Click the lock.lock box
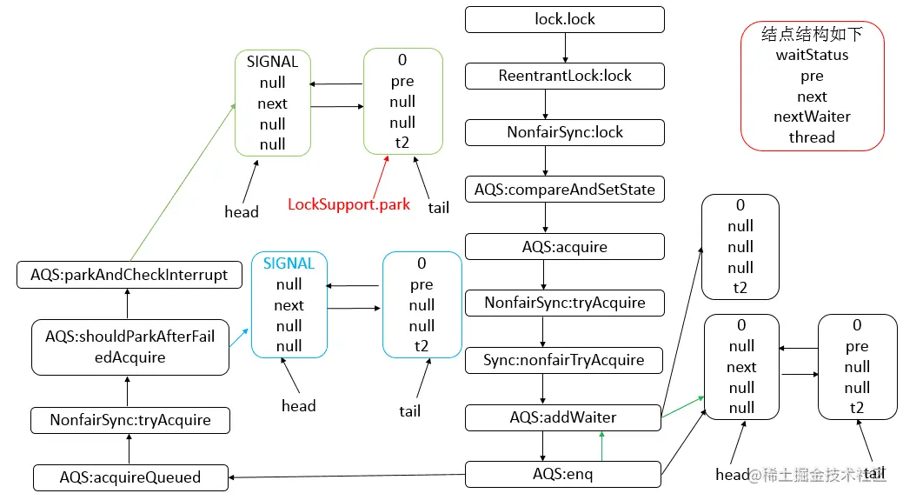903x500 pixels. (x=565, y=19)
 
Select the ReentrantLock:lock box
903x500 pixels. (x=565, y=76)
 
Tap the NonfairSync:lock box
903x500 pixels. (x=565, y=132)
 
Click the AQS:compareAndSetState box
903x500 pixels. (x=565, y=189)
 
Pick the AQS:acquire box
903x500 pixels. (x=565, y=246)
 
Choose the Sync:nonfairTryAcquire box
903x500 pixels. (x=565, y=360)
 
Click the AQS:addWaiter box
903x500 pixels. (x=563, y=417)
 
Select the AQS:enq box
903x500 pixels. (x=563, y=474)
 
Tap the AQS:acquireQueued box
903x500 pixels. (x=130, y=477)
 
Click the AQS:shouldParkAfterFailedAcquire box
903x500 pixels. (x=130, y=347)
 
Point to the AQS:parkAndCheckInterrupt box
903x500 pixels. (x=129, y=275)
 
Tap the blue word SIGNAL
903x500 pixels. (x=289, y=263)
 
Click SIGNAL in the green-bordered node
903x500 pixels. (x=272, y=62)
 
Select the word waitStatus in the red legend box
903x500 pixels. (x=812, y=55)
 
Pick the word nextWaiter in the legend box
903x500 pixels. (x=812, y=117)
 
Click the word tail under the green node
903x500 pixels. (x=439, y=208)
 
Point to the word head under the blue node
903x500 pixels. (x=298, y=405)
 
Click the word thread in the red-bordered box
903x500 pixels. (x=812, y=137)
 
